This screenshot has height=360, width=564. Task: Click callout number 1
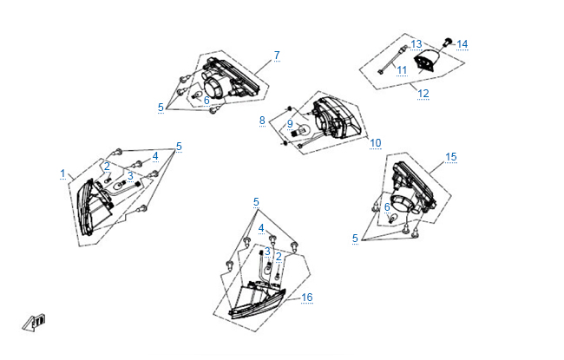point(62,173)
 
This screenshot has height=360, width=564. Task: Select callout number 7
point(277,56)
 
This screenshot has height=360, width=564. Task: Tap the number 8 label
point(262,121)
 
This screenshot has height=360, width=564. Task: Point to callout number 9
point(291,123)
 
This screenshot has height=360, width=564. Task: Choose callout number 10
point(376,142)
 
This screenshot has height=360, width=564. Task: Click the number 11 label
point(402,69)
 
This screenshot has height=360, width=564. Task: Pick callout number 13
point(416,43)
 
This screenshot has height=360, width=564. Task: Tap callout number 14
point(462,43)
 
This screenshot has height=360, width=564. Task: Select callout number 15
point(450,157)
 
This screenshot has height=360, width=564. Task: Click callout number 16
point(307,298)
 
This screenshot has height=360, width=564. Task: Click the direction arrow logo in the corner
point(36,322)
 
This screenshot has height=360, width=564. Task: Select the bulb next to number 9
point(303,131)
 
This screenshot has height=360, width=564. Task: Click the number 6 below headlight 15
point(387,206)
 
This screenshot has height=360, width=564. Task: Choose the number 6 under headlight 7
point(207,100)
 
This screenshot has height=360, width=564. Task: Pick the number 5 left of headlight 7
point(161,108)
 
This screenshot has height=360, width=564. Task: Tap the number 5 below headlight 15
point(355,238)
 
